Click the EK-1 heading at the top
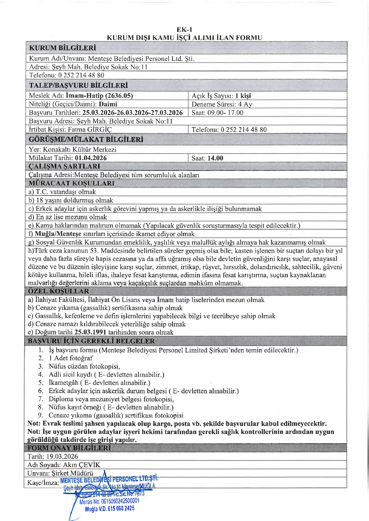click(x=184, y=30)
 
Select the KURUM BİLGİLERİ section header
click(x=62, y=48)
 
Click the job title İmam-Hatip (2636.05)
click(x=99, y=96)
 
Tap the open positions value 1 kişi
click(x=243, y=96)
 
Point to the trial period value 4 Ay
click(x=245, y=104)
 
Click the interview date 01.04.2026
click(x=91, y=158)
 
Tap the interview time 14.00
click(x=215, y=158)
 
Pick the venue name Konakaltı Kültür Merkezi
click(x=80, y=150)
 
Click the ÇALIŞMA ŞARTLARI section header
click(x=64, y=166)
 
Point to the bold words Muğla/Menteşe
click(x=58, y=234)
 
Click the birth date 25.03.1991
click(x=90, y=332)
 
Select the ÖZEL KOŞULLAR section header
click(x=58, y=291)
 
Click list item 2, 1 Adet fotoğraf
click(x=71, y=358)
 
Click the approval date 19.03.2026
click(x=62, y=456)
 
